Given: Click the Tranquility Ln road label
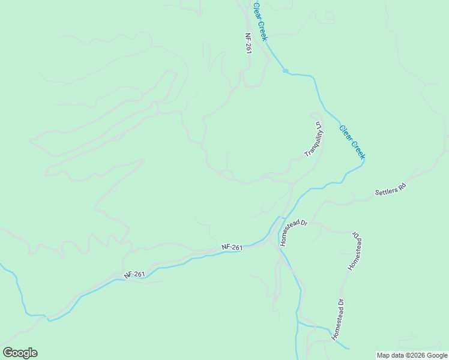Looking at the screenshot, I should coord(315,139).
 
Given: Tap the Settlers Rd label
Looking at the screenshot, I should coord(391,191).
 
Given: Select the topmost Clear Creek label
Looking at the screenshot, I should coord(261,21).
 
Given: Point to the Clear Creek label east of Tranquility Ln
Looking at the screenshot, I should coord(352,142).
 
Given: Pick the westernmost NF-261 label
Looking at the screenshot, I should coord(135,274).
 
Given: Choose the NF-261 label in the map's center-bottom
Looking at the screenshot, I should coord(232,247).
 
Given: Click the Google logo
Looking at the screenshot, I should coord(20,353).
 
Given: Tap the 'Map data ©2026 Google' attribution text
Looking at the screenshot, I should coord(412,355).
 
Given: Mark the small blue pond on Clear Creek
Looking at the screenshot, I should coord(286,71).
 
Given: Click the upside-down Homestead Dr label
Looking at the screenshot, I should coord(355,250).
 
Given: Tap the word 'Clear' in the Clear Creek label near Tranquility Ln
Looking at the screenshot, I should coord(345,133).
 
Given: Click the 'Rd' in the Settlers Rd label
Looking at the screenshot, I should coord(402,187).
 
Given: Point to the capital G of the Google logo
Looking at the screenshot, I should coord(8,353).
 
